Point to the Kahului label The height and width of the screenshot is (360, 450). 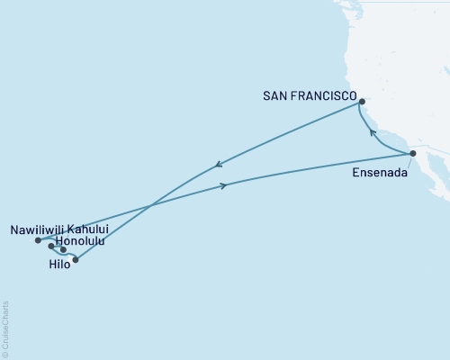tap(89, 229)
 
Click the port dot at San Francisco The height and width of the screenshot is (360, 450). tap(361, 102)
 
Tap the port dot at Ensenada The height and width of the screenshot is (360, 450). tap(413, 154)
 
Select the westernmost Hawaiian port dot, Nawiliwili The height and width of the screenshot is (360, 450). tap(38, 240)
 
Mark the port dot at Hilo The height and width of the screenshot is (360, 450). tap(76, 260)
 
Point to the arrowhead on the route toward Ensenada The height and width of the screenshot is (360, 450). tap(224, 186)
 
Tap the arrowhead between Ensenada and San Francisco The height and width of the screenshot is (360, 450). tap(373, 132)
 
